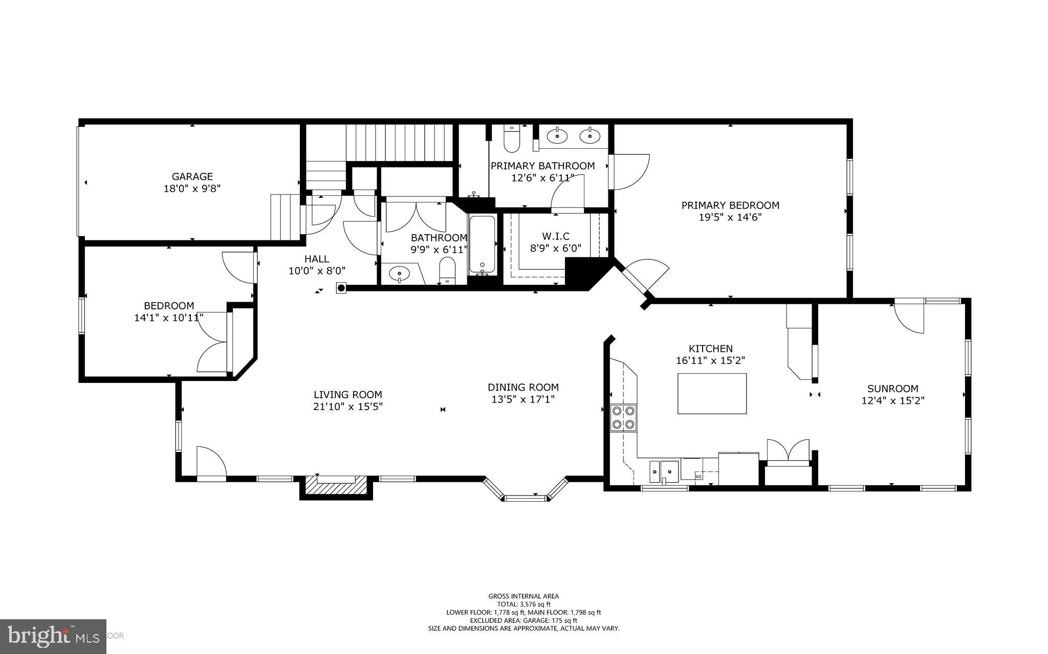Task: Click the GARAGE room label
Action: [192, 177]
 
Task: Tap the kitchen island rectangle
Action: [712, 393]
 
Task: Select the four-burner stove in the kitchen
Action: [623, 418]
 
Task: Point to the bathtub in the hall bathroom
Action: [482, 244]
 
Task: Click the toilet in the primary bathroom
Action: [512, 140]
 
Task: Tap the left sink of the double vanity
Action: [557, 136]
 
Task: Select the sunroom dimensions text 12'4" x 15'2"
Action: [892, 400]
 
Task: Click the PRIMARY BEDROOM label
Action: [730, 206]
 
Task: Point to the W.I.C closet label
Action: [556, 236]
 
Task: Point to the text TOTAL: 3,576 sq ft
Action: [523, 604]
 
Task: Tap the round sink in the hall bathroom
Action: [400, 274]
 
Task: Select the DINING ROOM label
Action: [523, 388]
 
